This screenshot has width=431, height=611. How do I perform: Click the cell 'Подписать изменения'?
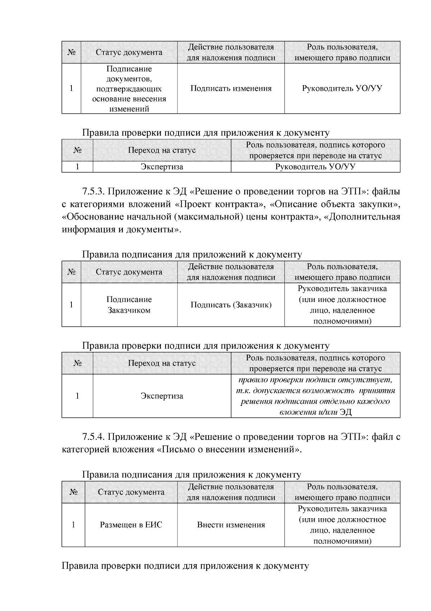click(231, 89)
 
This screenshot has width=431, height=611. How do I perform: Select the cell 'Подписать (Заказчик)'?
click(231, 305)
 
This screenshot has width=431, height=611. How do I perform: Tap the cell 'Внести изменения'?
click(231, 525)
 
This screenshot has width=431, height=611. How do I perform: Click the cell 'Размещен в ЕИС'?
click(131, 525)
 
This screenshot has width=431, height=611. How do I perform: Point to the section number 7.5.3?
click(94, 191)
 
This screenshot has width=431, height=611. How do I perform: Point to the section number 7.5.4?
click(94, 437)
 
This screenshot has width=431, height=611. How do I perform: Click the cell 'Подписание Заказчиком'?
click(129, 305)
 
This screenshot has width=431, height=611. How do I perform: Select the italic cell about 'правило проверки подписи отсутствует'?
click(315, 396)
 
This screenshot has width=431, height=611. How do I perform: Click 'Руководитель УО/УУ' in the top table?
click(342, 89)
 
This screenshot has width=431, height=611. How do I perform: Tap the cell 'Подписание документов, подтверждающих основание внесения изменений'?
click(129, 89)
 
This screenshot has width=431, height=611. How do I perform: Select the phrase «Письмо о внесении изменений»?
click(230, 449)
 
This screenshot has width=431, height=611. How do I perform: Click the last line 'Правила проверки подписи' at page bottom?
click(185, 566)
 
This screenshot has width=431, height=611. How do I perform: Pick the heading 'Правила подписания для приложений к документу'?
click(192, 254)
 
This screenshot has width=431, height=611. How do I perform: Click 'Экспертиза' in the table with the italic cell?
click(162, 396)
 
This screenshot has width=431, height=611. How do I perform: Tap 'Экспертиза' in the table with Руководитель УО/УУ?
click(162, 167)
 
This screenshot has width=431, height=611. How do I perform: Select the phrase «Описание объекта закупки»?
click(334, 204)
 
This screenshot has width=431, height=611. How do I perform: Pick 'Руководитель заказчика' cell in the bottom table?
click(342, 525)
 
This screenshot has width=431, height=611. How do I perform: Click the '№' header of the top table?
click(71, 52)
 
